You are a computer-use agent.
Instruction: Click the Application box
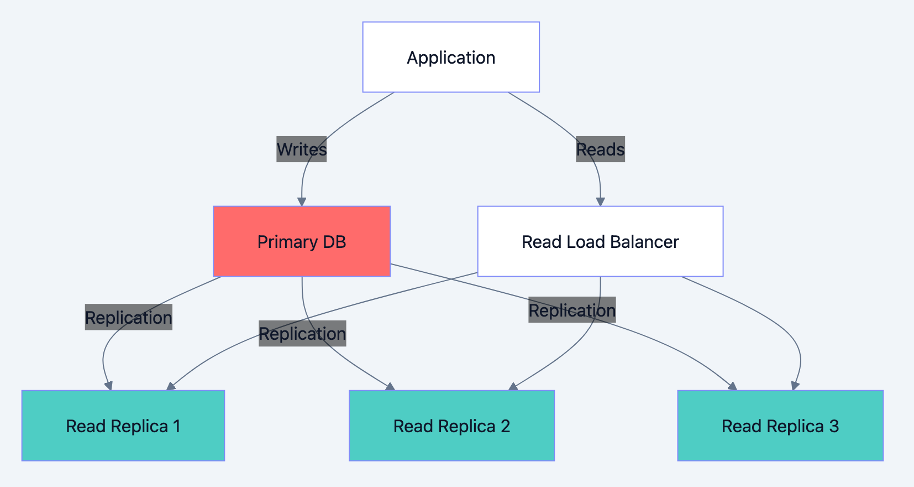[451, 57]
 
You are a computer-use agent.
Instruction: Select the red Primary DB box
[302, 241]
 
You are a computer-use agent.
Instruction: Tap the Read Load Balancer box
[600, 241]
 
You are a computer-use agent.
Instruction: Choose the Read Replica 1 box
[123, 426]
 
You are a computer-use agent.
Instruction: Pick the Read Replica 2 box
[451, 426]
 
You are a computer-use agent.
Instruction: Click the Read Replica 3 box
[780, 426]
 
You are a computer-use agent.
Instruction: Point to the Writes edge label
[301, 149]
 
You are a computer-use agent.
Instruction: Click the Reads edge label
[600, 149]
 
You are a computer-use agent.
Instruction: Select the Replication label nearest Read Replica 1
[128, 317]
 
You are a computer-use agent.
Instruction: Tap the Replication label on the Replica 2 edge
[302, 334]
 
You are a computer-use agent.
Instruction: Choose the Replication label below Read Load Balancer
[572, 310]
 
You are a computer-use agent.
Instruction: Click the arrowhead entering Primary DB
[302, 202]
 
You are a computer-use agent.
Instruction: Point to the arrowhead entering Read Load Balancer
[601, 202]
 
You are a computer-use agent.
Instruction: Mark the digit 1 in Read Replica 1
[176, 426]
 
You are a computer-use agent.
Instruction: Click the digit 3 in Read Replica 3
[834, 426]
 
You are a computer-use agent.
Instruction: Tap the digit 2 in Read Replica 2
[505, 426]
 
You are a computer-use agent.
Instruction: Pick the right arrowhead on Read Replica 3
[795, 386]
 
